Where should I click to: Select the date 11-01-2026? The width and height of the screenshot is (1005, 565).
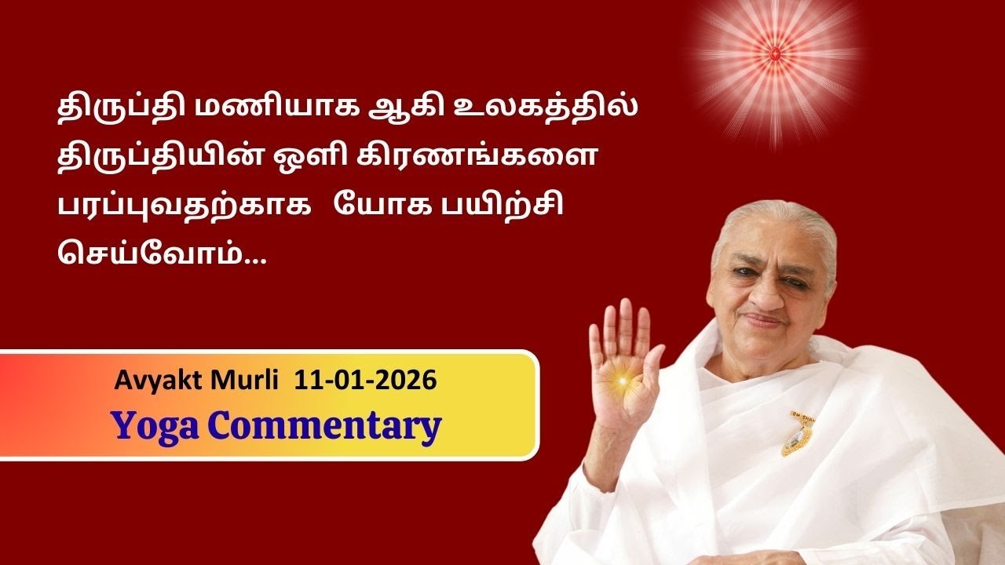point(365,381)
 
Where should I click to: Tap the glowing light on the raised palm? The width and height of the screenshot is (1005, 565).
point(625,381)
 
